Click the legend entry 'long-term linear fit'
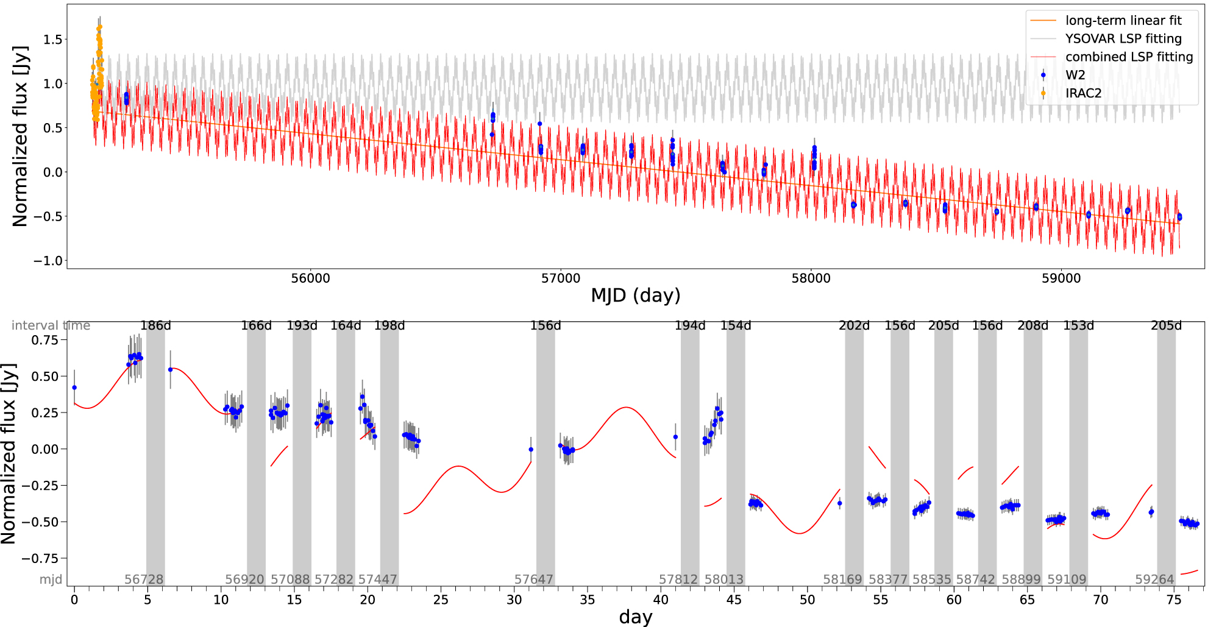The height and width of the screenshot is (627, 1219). pyautogui.click(x=1123, y=21)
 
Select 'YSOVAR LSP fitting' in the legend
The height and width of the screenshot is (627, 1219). pyautogui.click(x=1123, y=39)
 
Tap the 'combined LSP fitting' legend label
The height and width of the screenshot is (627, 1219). pyautogui.click(x=1129, y=57)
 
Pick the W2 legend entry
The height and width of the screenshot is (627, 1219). pyautogui.click(x=1075, y=75)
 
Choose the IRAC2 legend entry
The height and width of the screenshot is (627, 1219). pyautogui.click(x=1083, y=93)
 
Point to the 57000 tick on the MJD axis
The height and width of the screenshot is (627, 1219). pyautogui.click(x=561, y=278)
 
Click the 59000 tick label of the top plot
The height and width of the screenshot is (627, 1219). pyautogui.click(x=1061, y=278)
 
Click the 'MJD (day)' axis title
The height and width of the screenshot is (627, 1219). pyautogui.click(x=635, y=296)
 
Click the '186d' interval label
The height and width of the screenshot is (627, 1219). pyautogui.click(x=155, y=326)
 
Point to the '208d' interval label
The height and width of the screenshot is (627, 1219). pyautogui.click(x=1032, y=326)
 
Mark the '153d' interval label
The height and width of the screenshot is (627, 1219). pyautogui.click(x=1078, y=326)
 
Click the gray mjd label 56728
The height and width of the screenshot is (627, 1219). pyautogui.click(x=144, y=579)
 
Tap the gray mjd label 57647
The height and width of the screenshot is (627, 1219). pyautogui.click(x=534, y=579)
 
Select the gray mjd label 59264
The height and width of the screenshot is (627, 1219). pyautogui.click(x=1154, y=579)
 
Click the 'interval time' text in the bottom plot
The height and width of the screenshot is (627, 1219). pyautogui.click(x=51, y=326)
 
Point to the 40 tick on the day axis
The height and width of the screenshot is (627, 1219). pyautogui.click(x=661, y=600)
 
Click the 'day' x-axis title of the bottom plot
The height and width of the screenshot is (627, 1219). pyautogui.click(x=635, y=617)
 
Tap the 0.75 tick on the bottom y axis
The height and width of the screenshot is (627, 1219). pyautogui.click(x=44, y=340)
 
